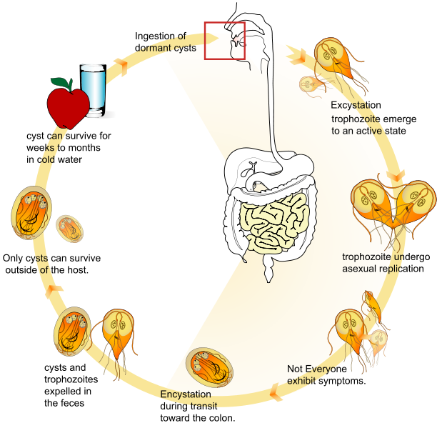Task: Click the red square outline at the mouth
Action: (225, 40)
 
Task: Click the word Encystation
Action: (186, 394)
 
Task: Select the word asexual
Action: (360, 269)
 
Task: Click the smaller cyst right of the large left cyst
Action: (70, 230)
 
